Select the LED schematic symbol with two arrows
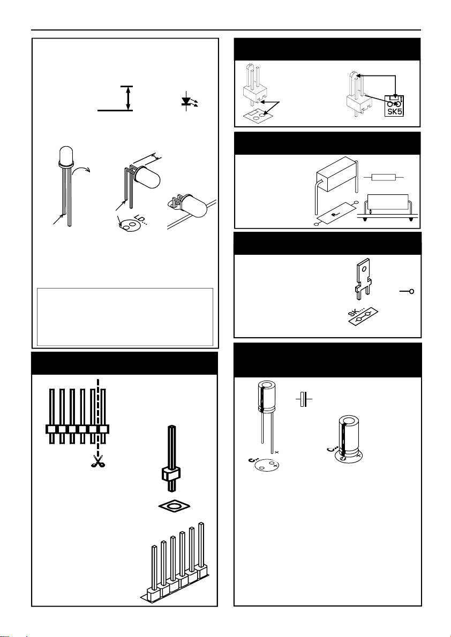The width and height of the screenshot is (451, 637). tap(187, 102)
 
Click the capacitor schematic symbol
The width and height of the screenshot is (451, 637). tap(304, 400)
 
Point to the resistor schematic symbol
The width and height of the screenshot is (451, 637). tap(383, 177)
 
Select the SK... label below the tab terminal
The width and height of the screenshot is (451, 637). tap(357, 320)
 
